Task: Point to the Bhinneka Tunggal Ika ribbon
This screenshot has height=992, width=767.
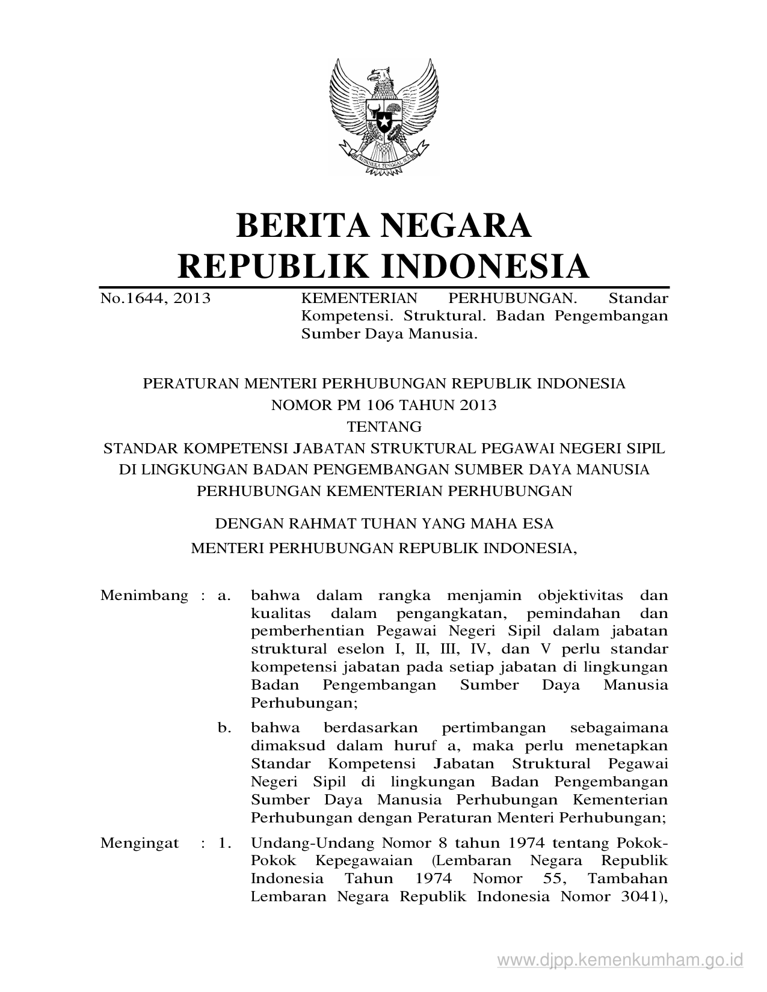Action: click(x=383, y=161)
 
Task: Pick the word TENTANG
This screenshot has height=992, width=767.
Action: click(x=384, y=427)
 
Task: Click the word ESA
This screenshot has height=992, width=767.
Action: click(x=538, y=524)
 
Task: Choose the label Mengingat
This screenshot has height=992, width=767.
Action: click(x=140, y=843)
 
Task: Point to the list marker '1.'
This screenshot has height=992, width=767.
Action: click(x=225, y=843)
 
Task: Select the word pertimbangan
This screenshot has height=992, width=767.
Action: click(x=493, y=728)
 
